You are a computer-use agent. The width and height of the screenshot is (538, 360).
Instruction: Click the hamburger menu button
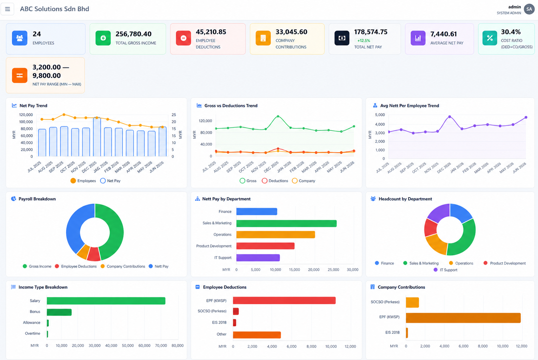pos(7,9)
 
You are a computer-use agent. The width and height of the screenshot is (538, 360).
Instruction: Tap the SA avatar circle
pos(529,9)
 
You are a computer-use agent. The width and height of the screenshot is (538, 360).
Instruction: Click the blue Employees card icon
pos(20,38)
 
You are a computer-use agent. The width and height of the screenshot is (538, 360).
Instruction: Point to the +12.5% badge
pos(364,41)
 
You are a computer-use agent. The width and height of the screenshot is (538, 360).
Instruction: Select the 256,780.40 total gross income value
pos(134,34)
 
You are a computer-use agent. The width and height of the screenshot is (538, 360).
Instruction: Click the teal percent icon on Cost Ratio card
pos(490,38)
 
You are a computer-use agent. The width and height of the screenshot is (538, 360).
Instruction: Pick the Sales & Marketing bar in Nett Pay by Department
pos(286,224)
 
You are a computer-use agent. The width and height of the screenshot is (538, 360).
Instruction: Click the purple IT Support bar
pos(258,258)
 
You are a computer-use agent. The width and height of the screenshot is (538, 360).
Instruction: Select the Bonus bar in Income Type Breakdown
pos(59,312)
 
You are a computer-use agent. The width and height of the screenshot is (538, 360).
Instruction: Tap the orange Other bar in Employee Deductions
pos(257,335)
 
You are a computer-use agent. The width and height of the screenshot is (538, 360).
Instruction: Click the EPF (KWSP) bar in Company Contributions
pos(463,318)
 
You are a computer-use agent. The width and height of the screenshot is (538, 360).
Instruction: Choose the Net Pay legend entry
pos(110,181)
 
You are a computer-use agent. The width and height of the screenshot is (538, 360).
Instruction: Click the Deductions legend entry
pos(275,181)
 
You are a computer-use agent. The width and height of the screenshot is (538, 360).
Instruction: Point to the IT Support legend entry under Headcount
pos(445,270)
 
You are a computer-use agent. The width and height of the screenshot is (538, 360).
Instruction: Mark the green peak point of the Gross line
pos(278,116)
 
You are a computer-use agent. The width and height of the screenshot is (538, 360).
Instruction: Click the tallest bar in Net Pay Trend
pos(97,137)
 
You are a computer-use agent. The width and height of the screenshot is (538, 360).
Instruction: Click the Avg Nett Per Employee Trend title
pos(410,106)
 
